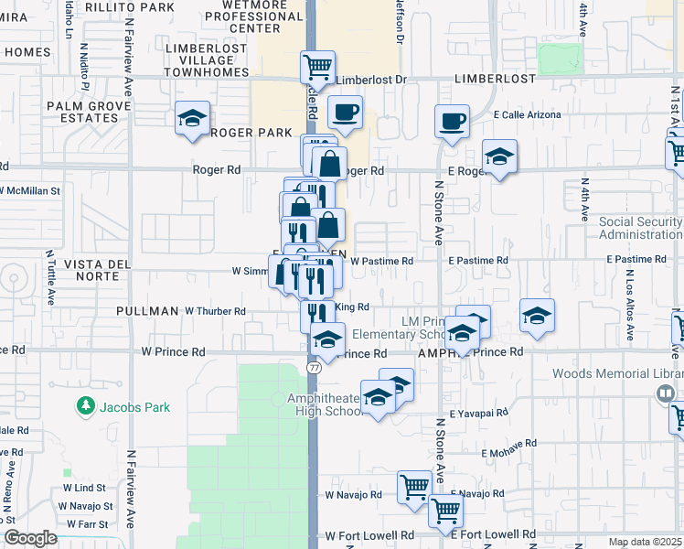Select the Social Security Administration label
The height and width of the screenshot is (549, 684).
640,228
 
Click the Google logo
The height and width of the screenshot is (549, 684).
30,538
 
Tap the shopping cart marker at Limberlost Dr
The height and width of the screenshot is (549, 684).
317,66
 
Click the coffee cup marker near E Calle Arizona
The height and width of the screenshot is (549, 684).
453,121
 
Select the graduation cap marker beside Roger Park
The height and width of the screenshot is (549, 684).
193,118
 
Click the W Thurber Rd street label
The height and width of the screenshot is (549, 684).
215,311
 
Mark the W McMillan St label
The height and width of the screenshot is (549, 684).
30,191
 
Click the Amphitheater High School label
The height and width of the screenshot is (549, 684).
326,404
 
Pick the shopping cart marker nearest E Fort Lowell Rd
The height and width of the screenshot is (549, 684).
445,512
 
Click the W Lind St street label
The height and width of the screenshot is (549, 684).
85,489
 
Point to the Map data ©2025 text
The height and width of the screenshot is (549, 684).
645,542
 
